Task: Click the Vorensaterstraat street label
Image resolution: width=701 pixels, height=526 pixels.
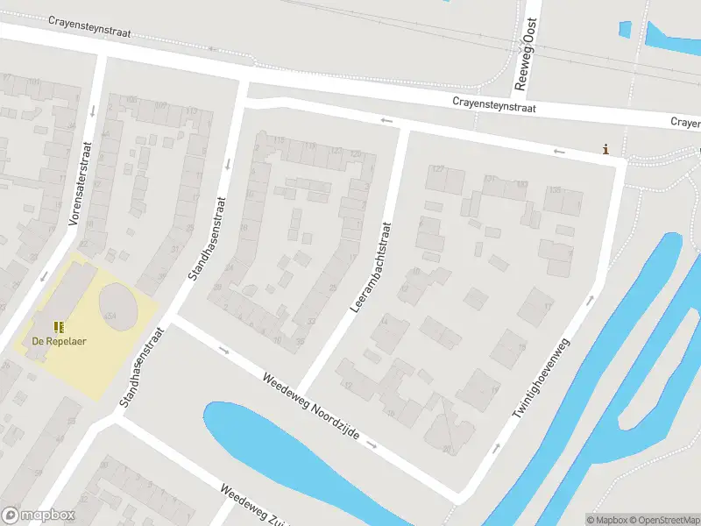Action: [x=80, y=184]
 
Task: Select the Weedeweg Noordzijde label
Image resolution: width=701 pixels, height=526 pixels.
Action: [x=310, y=406]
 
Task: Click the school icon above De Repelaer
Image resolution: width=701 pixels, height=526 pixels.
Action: [x=59, y=327]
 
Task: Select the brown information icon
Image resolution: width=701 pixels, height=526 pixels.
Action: [x=605, y=149]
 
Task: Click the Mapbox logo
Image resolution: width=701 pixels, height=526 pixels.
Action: [x=39, y=515]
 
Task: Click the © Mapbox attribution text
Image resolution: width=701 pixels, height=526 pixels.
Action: [x=606, y=519]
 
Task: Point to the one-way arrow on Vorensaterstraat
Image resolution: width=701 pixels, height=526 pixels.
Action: [x=45, y=276]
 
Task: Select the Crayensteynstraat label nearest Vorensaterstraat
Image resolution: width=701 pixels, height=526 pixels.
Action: [x=89, y=25]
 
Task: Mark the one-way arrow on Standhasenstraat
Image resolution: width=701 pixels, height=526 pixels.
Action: [x=228, y=164]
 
